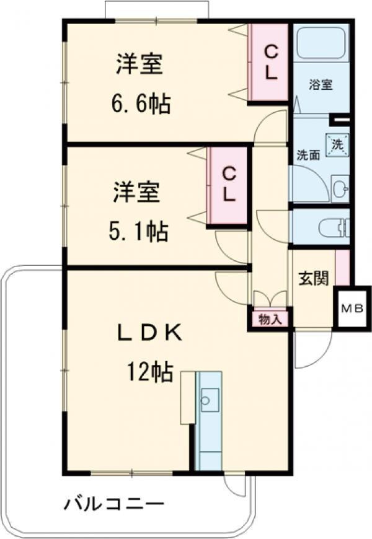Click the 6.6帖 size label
141,103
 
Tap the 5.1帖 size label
138,232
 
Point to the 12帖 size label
149,372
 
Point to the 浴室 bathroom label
321,85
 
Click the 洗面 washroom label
308,155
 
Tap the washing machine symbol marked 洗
338,144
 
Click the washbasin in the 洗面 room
340,188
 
